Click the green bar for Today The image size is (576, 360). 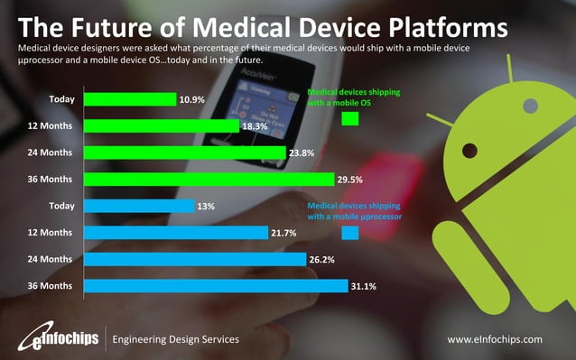pyautogui.click(x=129, y=99)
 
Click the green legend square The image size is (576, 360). pyautogui.click(x=350, y=118)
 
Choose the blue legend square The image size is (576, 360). pyautogui.click(x=350, y=234)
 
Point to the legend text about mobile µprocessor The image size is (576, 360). pyautogui.click(x=354, y=211)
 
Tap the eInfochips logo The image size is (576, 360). pyautogui.click(x=55, y=339)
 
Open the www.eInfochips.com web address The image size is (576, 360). pyautogui.click(x=495, y=339)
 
